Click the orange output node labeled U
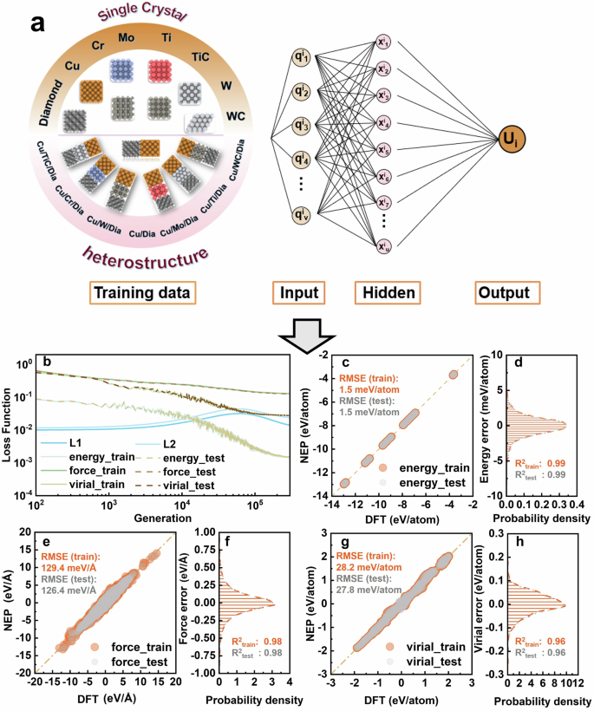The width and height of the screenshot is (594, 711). pos(509,139)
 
